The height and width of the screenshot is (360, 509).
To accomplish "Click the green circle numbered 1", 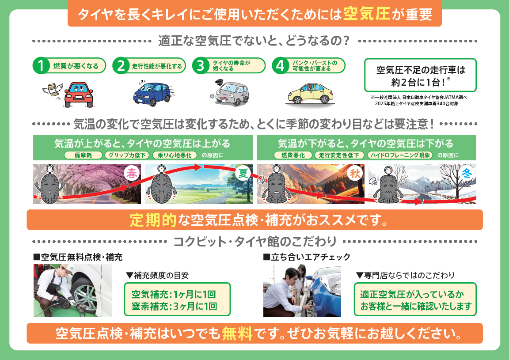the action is click(41, 66).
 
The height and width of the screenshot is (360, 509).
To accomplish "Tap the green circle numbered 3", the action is click(201, 66).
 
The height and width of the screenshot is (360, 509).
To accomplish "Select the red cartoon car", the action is click(79, 95).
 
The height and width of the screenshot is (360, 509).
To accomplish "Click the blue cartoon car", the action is click(152, 94).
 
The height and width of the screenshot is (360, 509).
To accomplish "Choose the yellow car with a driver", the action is click(310, 94).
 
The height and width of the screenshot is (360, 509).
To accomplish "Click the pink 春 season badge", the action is click(132, 173).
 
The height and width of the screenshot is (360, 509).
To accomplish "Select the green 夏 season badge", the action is click(243, 173).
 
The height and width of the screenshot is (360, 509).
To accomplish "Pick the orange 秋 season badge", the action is click(355, 173).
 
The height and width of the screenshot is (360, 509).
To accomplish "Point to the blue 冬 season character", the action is click(467, 173).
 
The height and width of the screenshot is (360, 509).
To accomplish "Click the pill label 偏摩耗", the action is click(84, 155).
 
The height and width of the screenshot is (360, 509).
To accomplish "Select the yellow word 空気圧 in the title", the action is click(366, 14).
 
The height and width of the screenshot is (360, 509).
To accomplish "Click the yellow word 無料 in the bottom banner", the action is click(237, 333).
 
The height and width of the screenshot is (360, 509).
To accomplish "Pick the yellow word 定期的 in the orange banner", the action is click(153, 220).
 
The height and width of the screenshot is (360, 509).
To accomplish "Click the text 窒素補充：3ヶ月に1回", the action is click(175, 306).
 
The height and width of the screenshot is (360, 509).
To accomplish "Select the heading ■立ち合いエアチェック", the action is click(307, 257).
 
